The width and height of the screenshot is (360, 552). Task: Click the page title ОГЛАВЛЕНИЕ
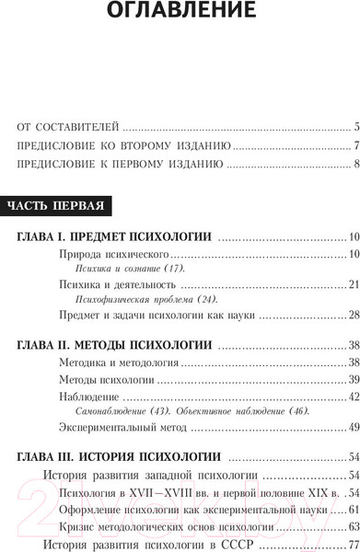[x=180, y=12]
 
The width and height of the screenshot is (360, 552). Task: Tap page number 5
[x=354, y=127]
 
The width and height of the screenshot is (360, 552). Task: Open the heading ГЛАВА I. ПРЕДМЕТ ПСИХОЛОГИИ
[x=115, y=237]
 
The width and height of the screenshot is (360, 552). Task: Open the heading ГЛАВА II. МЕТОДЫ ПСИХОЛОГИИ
[x=116, y=347]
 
